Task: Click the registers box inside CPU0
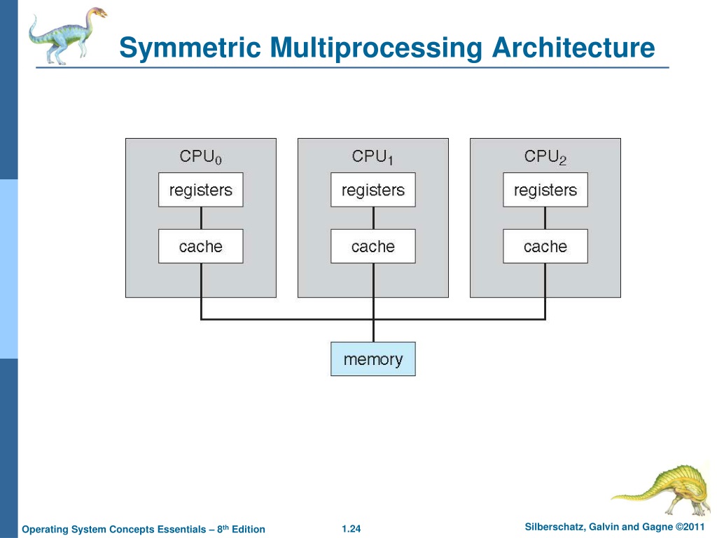click(201, 190)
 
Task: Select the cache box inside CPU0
click(201, 246)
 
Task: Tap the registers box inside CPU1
click(373, 190)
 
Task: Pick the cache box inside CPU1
click(373, 246)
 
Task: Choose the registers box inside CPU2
click(545, 190)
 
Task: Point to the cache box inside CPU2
click(545, 246)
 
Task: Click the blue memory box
click(373, 359)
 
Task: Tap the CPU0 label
click(201, 156)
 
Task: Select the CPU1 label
click(373, 156)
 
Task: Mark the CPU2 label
click(545, 156)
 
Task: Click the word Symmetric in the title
click(190, 48)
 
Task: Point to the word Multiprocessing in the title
click(376, 48)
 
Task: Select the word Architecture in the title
click(573, 47)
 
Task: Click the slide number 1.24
click(351, 529)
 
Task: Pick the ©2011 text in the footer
click(690, 527)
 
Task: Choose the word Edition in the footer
click(249, 530)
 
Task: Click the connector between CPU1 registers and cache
click(373, 219)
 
